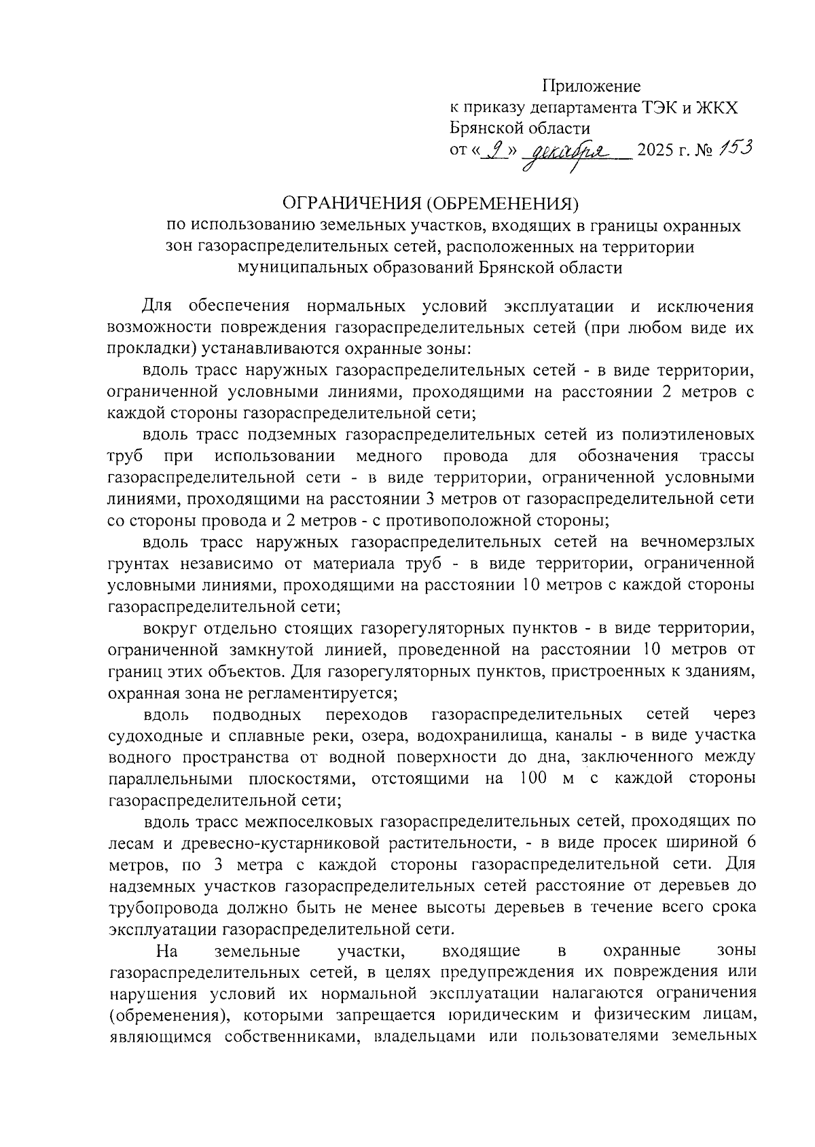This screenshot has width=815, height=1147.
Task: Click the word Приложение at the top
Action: [x=591, y=86]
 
